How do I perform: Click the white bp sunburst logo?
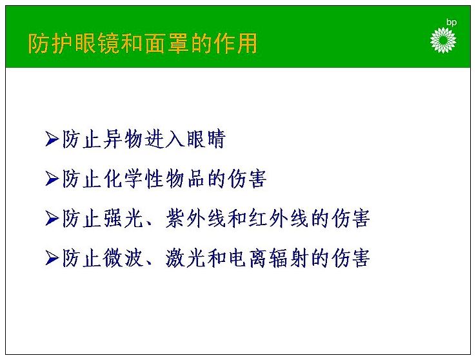(x=443, y=41)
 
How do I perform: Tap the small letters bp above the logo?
(x=451, y=23)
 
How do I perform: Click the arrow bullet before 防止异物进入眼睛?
(x=52, y=139)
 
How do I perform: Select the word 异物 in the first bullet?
(x=123, y=139)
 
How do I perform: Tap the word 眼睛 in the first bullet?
(x=206, y=139)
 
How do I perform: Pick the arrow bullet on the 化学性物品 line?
(x=52, y=178)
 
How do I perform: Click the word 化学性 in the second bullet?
(x=134, y=179)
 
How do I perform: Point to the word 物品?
(x=185, y=179)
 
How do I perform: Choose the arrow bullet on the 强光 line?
(x=52, y=218)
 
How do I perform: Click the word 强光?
(x=123, y=219)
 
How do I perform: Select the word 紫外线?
(x=196, y=219)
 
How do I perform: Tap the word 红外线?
(x=279, y=219)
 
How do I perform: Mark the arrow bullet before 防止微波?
(x=52, y=258)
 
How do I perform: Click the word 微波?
(x=123, y=258)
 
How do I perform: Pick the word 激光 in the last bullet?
(x=185, y=258)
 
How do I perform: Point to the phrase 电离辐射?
(x=268, y=258)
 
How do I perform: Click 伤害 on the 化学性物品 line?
(x=247, y=179)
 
